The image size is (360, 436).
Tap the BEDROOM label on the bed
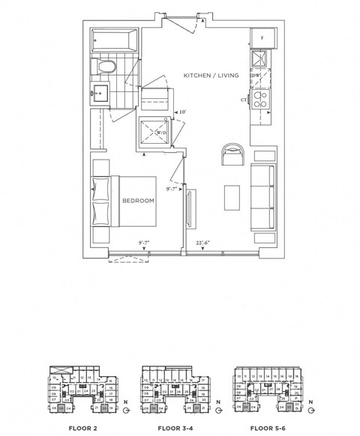pyautogui.click(x=138, y=201)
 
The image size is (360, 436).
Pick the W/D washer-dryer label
pyautogui.click(x=160, y=133)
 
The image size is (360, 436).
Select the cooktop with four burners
pyautogui.click(x=262, y=100)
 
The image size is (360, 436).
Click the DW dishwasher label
pyautogui.click(x=256, y=76)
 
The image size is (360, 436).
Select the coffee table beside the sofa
pyautogui.click(x=232, y=196)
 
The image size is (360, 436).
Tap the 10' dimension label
pyautogui.click(x=181, y=112)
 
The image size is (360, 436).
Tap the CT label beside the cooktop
pyautogui.click(x=244, y=100)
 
